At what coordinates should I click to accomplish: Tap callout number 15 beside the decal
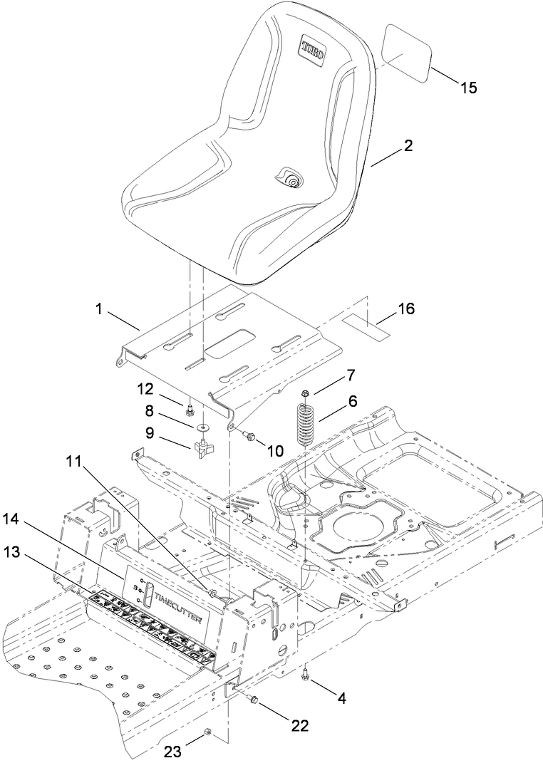pyautogui.click(x=468, y=88)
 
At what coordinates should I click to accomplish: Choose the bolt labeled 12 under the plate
pyautogui.click(x=190, y=410)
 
